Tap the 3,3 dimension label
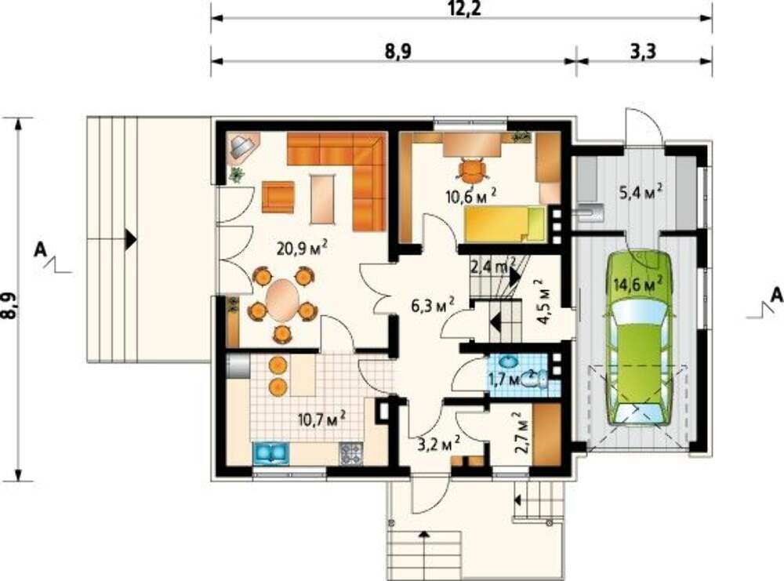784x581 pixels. click(643, 51)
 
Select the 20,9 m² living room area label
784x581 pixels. click(302, 248)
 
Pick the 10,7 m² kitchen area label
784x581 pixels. click(321, 419)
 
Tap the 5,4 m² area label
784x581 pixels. click(641, 191)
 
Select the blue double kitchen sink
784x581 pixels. click(270, 453)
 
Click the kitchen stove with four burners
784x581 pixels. click(352, 453)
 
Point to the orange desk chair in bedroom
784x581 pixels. click(472, 170)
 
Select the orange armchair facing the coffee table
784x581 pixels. click(278, 197)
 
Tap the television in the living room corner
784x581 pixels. click(243, 146)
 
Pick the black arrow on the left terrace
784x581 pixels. click(130, 239)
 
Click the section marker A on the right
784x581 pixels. click(776, 295)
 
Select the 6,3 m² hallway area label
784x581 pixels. click(433, 303)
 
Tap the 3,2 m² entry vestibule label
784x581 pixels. click(439, 442)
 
